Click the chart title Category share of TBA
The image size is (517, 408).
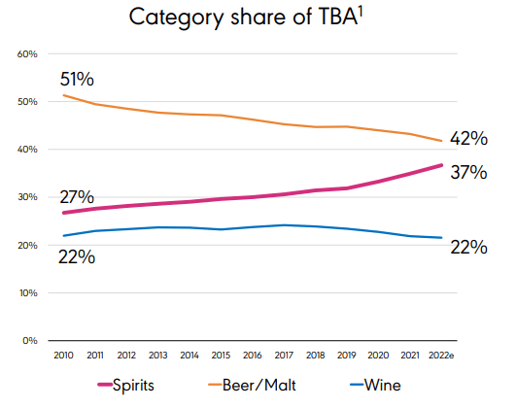[x=254, y=18]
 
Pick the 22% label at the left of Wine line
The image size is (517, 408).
[x=78, y=257]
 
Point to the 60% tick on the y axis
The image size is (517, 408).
[x=27, y=53]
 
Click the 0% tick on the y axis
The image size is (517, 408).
[x=30, y=340]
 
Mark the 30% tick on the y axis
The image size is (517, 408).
[x=27, y=197]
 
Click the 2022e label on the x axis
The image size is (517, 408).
[x=442, y=357]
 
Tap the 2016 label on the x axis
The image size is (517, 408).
[x=252, y=357]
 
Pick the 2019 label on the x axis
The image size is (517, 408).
[x=347, y=357]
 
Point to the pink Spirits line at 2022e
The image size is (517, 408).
[x=441, y=165]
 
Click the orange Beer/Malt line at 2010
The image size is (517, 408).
[x=63, y=95]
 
